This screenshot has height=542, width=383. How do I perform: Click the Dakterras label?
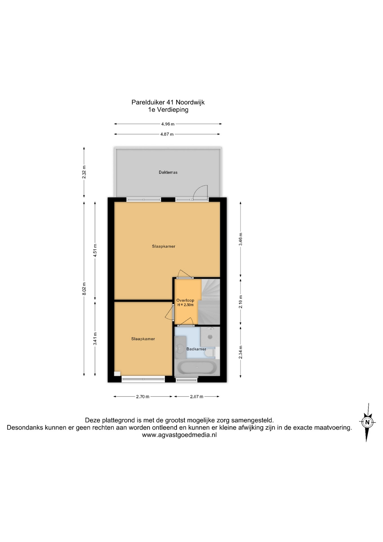(168, 172)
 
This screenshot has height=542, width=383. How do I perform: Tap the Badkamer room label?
(196, 349)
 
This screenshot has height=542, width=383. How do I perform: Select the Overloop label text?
(185, 300)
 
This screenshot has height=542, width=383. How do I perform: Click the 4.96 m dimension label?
(168, 124)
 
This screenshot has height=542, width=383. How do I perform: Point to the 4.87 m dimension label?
(167, 134)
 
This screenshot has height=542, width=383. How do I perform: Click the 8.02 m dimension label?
(84, 289)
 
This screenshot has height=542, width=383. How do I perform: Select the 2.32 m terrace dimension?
(84, 172)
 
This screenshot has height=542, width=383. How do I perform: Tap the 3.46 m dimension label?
(241, 239)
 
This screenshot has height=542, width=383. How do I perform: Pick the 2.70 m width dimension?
(143, 397)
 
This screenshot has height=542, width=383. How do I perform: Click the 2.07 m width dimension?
(197, 397)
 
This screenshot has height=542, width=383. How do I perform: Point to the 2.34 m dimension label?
(241, 352)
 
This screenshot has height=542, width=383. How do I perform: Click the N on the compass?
(367, 422)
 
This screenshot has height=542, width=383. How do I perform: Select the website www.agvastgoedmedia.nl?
(179, 435)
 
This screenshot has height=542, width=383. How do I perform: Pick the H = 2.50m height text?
(185, 305)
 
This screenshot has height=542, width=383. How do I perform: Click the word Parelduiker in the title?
(148, 102)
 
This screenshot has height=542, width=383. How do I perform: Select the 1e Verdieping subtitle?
(168, 110)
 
